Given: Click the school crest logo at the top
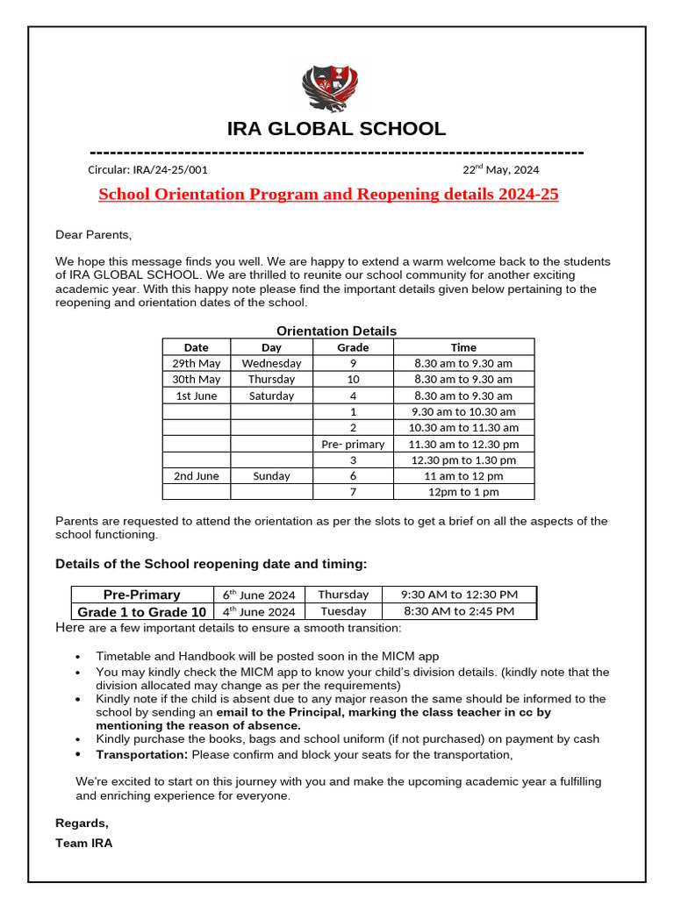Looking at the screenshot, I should [x=336, y=89].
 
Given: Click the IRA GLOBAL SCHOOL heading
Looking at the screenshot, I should [x=336, y=129].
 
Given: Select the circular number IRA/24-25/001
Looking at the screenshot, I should [x=147, y=170].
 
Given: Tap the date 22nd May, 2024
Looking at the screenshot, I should [x=500, y=170].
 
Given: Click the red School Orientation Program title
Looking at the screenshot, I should [x=328, y=194].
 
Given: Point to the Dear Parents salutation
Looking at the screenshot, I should [x=94, y=234].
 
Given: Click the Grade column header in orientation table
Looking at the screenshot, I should [x=353, y=347].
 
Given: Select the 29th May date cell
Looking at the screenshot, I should [x=197, y=363].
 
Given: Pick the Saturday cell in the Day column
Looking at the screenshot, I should [x=271, y=396].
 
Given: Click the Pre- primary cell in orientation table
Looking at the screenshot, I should [x=353, y=444].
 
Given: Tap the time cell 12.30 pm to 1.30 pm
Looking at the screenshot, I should [x=463, y=460].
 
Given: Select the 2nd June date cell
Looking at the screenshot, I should [x=197, y=475].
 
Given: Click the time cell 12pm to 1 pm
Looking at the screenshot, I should [x=463, y=492].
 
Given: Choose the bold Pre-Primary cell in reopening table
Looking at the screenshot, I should [x=141, y=595].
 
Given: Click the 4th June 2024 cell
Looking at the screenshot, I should [x=258, y=611].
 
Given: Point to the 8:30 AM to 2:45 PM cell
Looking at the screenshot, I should [x=459, y=611].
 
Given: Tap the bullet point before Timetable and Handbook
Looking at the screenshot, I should [x=78, y=657].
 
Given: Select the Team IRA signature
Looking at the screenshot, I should [x=83, y=843].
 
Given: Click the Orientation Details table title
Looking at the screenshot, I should [x=336, y=331].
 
